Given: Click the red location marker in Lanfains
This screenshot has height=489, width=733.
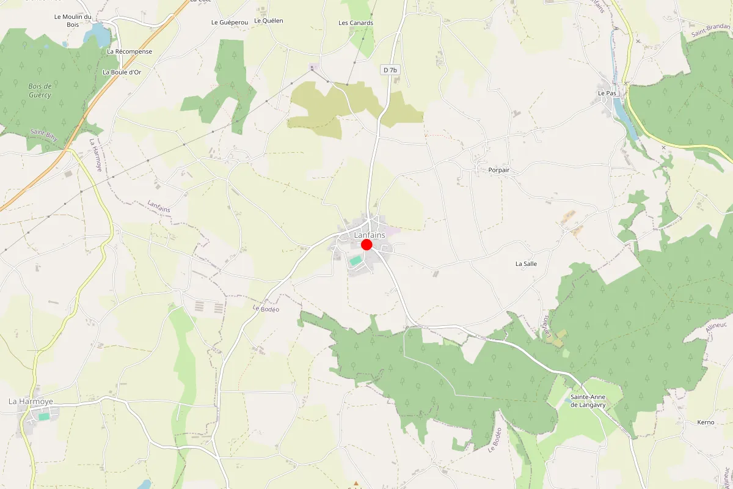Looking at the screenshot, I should click(x=366, y=244).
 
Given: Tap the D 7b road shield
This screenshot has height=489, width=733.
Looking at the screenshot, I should click(x=390, y=70).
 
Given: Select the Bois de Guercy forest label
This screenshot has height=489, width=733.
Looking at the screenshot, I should click(x=40, y=90).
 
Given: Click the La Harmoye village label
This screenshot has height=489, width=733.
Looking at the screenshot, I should click(x=31, y=402).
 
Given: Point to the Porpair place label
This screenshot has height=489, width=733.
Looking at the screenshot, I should click(x=498, y=170).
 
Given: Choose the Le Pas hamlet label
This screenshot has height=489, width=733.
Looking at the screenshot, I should click(x=607, y=93).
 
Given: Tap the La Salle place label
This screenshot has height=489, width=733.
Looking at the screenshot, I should click(x=526, y=264).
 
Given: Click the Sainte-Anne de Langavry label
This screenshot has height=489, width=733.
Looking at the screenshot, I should click(x=591, y=400).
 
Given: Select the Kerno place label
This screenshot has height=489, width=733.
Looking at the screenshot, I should click(x=706, y=422).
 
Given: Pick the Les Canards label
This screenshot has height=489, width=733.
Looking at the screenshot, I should click(x=356, y=23).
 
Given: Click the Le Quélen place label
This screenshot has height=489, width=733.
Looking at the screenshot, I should click(x=269, y=21).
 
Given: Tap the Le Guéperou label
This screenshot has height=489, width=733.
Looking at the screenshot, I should click(x=230, y=22).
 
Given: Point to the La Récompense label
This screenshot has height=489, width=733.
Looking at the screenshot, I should click(x=129, y=51).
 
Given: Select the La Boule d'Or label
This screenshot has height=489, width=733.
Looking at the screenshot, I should click(x=122, y=72).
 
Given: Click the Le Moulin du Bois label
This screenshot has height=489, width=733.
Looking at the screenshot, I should click(x=73, y=21).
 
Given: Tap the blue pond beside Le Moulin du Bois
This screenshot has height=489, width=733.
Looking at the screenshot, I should click(x=98, y=35).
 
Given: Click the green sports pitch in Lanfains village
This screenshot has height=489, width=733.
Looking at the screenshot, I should click(x=355, y=260).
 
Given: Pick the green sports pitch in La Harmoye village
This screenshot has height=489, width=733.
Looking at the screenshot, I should click(x=44, y=416).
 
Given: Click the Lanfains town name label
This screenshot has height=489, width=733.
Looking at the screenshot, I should click(x=370, y=235).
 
